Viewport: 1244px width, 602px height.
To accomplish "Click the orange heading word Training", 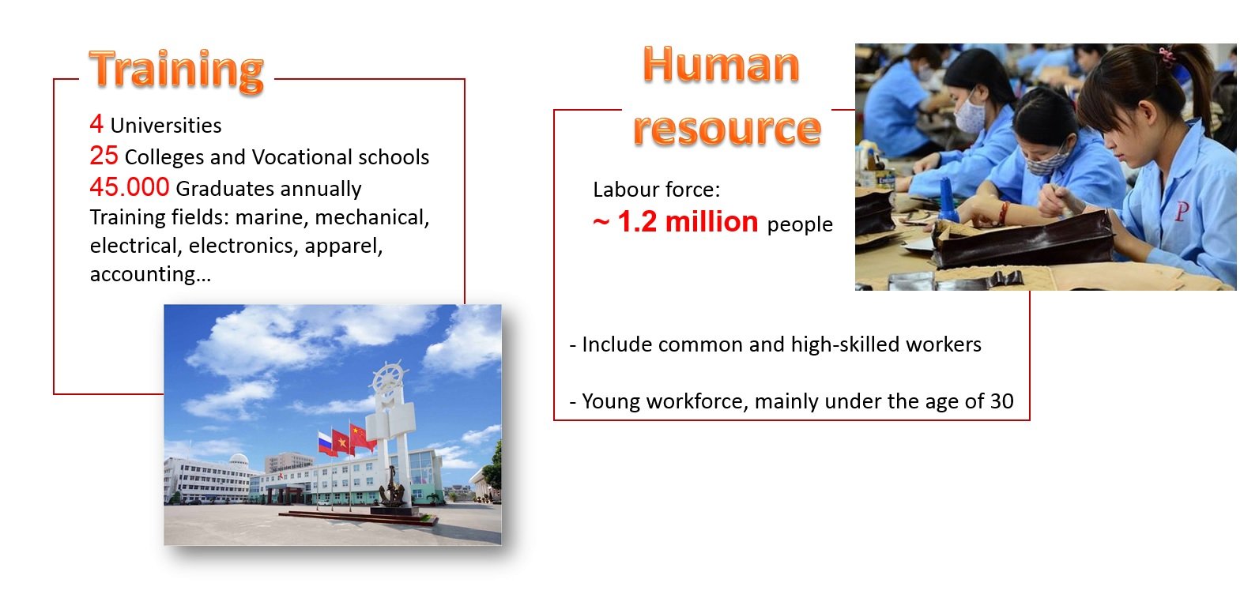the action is tap(176, 70).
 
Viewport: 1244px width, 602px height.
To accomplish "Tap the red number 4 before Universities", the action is tap(96, 124).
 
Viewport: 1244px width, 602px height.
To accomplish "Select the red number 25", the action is tap(104, 156).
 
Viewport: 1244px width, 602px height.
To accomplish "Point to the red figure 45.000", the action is tap(130, 187).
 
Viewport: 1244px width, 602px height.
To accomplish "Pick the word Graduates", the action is tap(221, 189).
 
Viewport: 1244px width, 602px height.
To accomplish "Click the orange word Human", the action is tap(721, 65).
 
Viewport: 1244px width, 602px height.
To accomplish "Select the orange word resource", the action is tap(727, 129).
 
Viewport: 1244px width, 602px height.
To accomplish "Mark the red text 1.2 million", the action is tap(688, 221).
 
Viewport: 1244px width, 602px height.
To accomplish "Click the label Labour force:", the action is tap(657, 190).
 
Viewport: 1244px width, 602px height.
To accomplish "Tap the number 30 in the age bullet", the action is tap(1002, 401).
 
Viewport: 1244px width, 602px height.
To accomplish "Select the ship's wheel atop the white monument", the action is tap(388, 378).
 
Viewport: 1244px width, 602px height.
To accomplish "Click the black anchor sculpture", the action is tap(392, 487).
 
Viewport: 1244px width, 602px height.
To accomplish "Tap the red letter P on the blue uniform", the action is tap(1182, 212).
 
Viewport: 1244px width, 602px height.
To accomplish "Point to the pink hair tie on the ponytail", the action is tap(1167, 55).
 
